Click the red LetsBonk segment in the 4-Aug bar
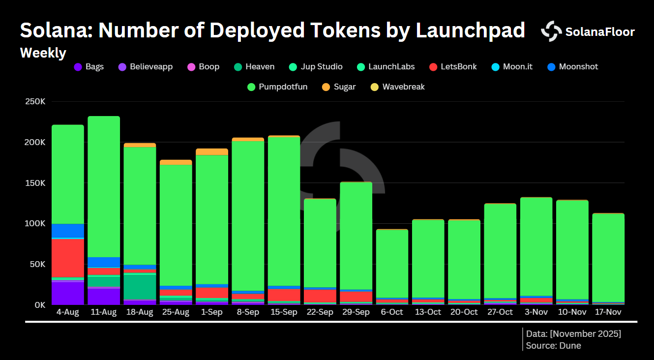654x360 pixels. coord(68,258)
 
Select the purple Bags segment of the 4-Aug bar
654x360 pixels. coord(68,293)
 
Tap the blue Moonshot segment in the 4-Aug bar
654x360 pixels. coord(68,231)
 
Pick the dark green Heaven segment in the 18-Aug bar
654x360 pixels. coord(140,287)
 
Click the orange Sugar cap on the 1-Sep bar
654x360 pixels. coord(212,151)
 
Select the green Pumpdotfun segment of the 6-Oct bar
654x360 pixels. coord(392,264)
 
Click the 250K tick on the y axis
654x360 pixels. coord(35,102)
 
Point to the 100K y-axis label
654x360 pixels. coord(35,223)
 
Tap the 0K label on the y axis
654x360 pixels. coord(39,304)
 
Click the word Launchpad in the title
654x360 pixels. coord(470,30)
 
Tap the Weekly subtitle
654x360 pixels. coord(43,53)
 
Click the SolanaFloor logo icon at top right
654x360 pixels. coord(551,31)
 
